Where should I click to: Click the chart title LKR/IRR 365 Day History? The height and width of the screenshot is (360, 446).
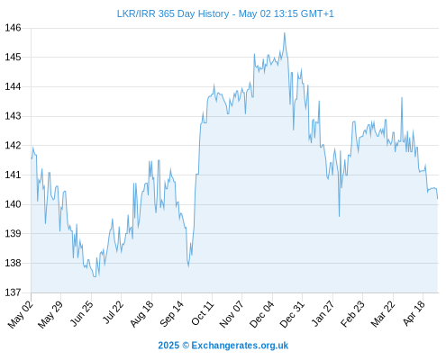pos(173,13)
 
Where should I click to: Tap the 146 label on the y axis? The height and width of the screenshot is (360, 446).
pos(13,28)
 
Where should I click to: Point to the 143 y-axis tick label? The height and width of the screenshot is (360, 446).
pos(13,116)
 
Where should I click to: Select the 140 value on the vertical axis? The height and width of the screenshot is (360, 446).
pos(13,204)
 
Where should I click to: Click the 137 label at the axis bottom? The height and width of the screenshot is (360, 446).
pos(13,292)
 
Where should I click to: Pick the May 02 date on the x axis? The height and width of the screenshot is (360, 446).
pos(21,314)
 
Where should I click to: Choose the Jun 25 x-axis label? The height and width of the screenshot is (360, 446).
pos(82,313)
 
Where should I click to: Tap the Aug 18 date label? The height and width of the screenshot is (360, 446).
pos(141,313)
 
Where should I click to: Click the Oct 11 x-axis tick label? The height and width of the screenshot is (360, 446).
pos(203,313)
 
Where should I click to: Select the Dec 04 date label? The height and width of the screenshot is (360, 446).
pos(261,314)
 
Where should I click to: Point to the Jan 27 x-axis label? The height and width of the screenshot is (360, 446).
pos(323,313)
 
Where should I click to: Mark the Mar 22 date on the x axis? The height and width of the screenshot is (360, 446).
pos(383,314)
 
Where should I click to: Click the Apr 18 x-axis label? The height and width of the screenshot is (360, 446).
pos(414,313)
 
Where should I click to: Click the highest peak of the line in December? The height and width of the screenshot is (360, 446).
pos(285,33)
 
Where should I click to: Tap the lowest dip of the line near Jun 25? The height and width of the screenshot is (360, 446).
pos(95,276)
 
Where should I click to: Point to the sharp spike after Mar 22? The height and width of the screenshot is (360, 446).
pos(402,97)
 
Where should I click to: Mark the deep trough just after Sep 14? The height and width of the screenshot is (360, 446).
pos(188,266)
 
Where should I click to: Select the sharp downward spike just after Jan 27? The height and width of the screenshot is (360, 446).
pos(340,216)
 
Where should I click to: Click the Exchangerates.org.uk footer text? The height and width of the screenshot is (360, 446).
pos(240,346)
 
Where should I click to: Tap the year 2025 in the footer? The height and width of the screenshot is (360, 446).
pos(168,346)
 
